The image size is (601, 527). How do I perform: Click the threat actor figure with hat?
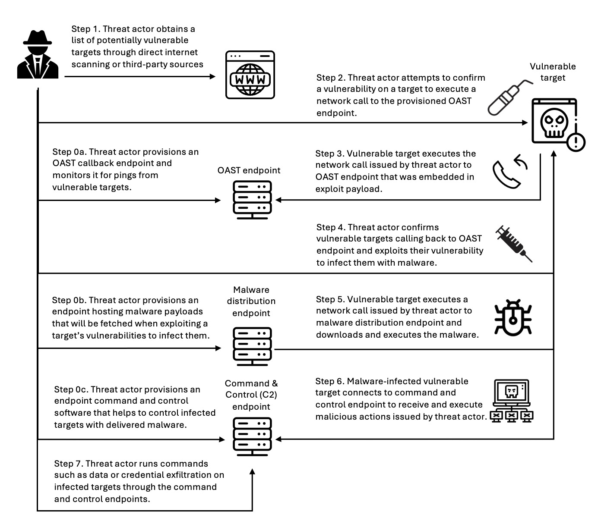tap(38, 55)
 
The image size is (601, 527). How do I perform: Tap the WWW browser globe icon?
tap(250, 75)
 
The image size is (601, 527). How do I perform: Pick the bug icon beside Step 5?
tap(513, 318)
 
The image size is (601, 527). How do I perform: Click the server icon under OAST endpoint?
tap(252, 200)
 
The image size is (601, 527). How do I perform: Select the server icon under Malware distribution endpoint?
tap(252, 346)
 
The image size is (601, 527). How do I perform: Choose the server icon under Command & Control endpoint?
tap(252, 436)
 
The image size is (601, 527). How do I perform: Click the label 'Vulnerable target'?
tap(553, 72)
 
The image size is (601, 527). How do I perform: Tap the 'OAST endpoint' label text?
tap(249, 170)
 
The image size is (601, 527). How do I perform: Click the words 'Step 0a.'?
tap(69, 152)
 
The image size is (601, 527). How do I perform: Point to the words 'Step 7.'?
tap(69, 464)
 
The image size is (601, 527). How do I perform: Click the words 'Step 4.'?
tap(331, 228)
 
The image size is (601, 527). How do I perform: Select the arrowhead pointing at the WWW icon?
tap(212, 76)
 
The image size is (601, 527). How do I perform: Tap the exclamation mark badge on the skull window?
tap(576, 141)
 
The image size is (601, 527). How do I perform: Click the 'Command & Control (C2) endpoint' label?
tap(251, 395)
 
